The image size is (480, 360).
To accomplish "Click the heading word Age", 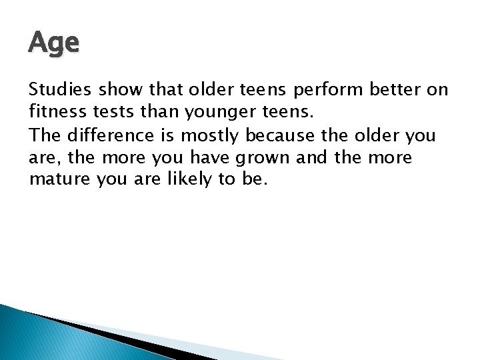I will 54,44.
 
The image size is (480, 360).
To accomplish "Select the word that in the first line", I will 167,90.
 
